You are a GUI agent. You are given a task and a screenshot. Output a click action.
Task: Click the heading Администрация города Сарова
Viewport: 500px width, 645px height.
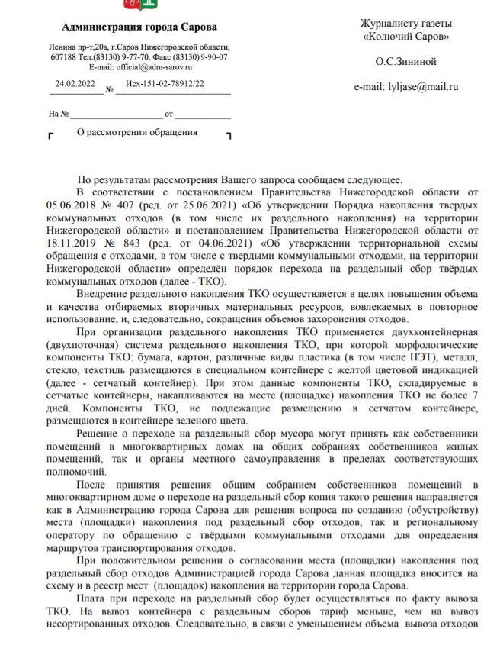point(139,28)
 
